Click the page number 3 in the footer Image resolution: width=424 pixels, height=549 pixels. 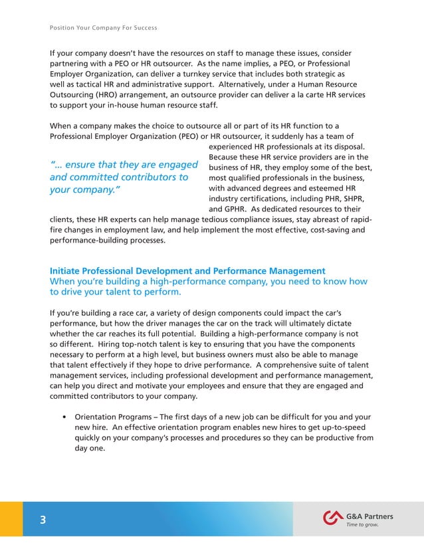coord(42,520)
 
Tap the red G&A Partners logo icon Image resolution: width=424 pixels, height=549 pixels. coord(332,518)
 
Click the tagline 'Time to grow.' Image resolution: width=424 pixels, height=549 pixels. coord(362,525)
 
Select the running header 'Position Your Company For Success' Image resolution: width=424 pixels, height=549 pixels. coord(103,28)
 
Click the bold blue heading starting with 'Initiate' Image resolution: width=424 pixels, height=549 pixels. coord(187,271)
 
